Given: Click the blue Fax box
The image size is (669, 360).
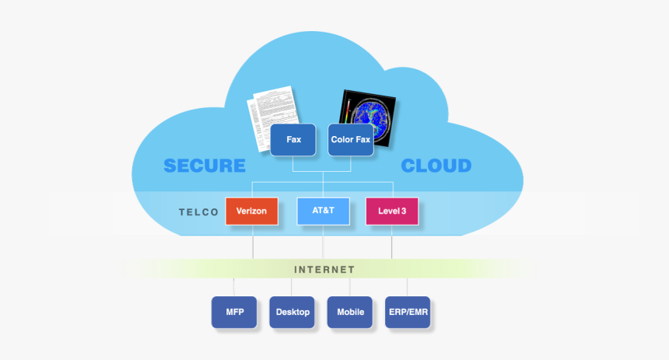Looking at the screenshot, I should point(293,140).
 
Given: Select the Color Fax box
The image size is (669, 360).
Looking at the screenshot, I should point(350,140).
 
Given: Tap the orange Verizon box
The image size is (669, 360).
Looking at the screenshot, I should point(251,211).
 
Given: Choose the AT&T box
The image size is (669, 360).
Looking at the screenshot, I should point(323,211).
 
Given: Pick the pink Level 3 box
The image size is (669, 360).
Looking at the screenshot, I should point(391,211).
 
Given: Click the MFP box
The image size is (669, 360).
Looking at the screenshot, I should point(234,312).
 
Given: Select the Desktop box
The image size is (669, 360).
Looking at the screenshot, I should point(292,312).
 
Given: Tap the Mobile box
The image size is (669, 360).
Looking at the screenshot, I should point(350,312).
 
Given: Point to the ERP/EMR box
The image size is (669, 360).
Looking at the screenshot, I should point(408,312).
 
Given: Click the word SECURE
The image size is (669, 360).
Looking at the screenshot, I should point(205,166).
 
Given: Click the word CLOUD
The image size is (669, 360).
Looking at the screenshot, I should point(436,166).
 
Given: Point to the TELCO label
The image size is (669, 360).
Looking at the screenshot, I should point(198,211).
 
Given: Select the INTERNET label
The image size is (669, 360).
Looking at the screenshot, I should point(324,270).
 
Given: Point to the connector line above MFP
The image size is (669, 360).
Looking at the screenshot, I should point(234,287).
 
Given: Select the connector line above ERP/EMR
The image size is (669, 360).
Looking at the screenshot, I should point(408,287).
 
